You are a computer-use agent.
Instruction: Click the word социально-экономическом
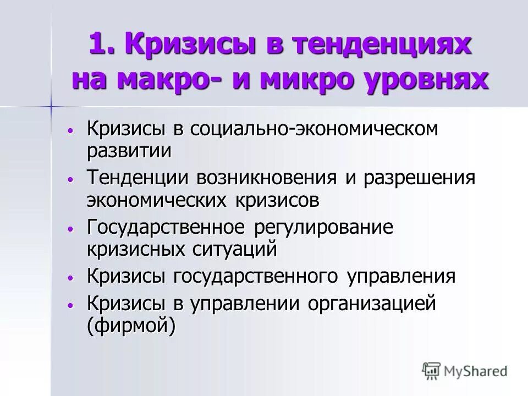click(315, 130)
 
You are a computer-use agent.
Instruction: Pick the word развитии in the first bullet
click(129, 150)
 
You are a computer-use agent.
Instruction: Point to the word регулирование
click(324, 228)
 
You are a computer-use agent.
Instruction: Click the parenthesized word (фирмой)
click(131, 326)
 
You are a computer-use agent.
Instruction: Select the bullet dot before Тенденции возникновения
click(70, 179)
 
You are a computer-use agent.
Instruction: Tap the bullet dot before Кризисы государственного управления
click(70, 278)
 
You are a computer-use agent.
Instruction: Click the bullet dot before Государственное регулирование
click(70, 229)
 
